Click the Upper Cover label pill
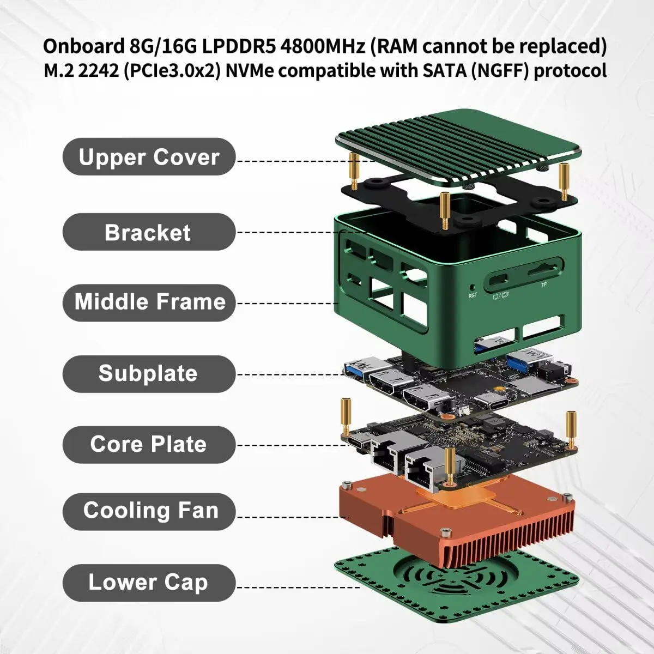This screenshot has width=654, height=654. (149, 157)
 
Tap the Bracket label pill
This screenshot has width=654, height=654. (149, 232)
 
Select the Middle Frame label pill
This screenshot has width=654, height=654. (149, 302)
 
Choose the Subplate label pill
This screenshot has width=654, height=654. (149, 374)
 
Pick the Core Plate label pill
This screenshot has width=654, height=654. (149, 445)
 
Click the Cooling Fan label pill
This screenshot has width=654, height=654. (149, 511)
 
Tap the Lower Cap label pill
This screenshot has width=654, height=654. (149, 583)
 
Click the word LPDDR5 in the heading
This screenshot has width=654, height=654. (238, 46)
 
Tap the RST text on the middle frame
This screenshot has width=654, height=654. (473, 295)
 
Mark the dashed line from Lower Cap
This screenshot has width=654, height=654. (297, 588)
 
